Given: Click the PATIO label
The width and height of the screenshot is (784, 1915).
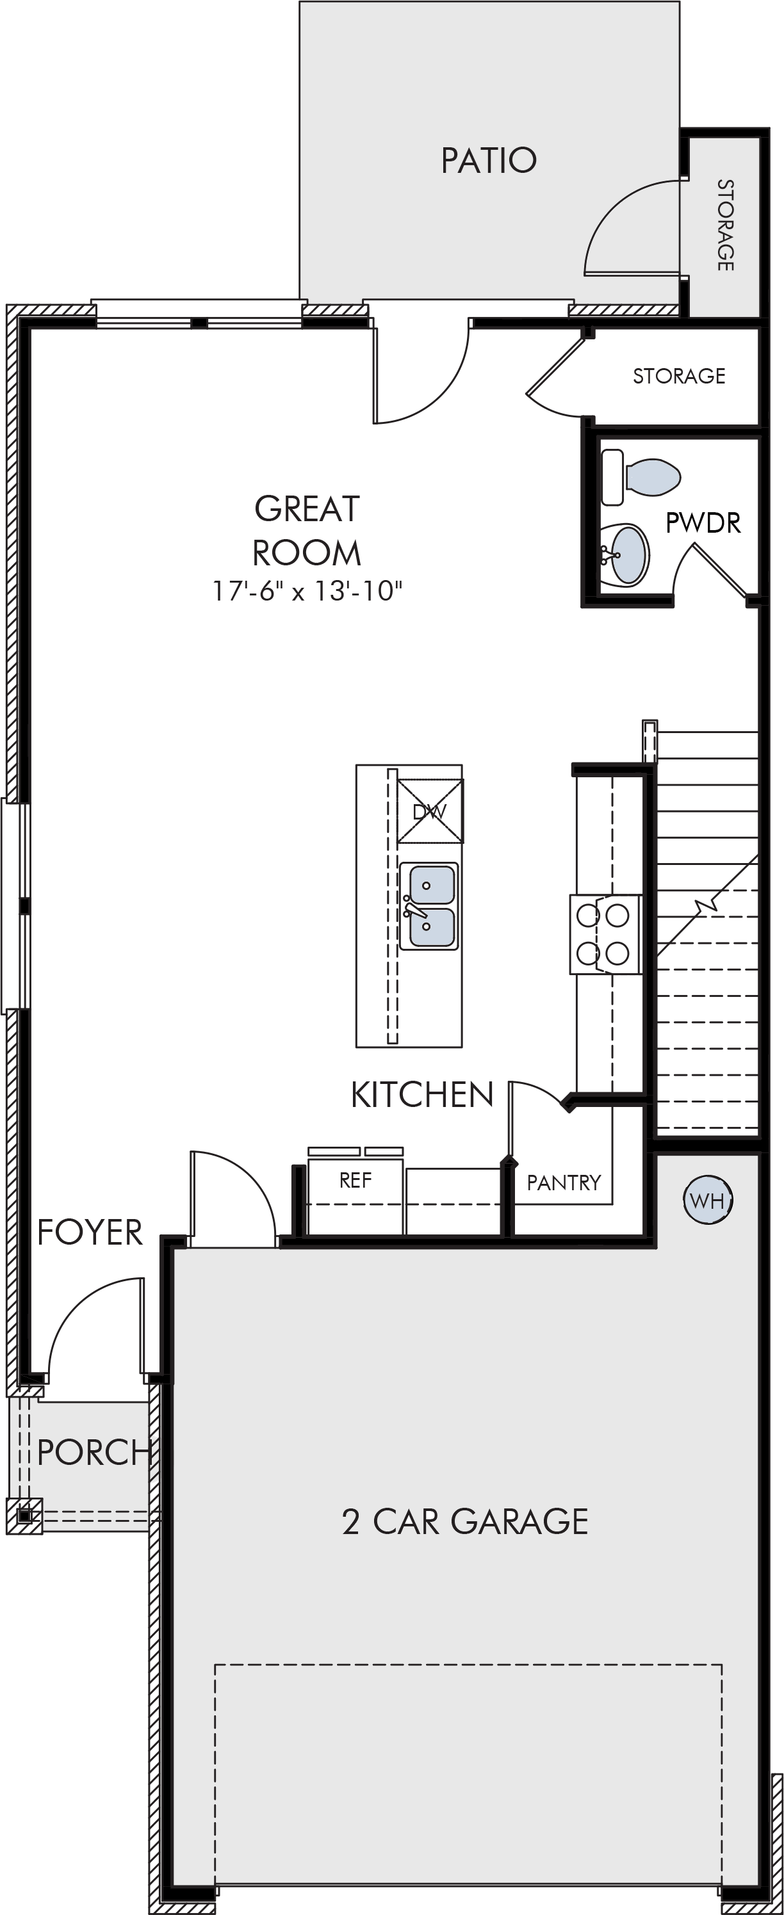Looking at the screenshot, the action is [489, 160].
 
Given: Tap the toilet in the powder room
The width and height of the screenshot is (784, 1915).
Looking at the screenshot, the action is [641, 476].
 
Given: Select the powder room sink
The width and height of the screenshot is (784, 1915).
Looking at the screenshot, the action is [623, 555].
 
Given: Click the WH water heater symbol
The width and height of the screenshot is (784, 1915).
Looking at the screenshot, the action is [707, 1200].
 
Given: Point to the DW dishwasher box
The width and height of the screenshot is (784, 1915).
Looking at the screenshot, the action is [430, 811].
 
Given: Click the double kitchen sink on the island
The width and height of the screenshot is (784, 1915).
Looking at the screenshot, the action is [429, 906].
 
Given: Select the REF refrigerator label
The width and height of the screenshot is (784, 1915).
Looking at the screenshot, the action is [355, 1181].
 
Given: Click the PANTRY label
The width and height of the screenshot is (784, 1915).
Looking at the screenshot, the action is [564, 1183].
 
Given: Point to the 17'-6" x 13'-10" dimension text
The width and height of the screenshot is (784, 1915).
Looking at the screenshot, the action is [307, 591].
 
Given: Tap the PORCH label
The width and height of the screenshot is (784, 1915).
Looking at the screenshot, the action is [94, 1453].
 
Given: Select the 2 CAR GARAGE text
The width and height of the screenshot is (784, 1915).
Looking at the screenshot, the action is [465, 1522].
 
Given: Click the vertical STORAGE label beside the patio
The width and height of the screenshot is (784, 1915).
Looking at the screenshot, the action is [725, 225].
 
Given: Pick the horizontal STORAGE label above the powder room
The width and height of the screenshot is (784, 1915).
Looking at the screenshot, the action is [679, 376].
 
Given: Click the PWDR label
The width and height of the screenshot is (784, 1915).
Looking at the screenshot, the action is [703, 523].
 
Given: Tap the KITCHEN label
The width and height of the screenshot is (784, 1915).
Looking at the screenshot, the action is [421, 1095].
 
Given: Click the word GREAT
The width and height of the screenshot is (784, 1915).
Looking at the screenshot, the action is [307, 509].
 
